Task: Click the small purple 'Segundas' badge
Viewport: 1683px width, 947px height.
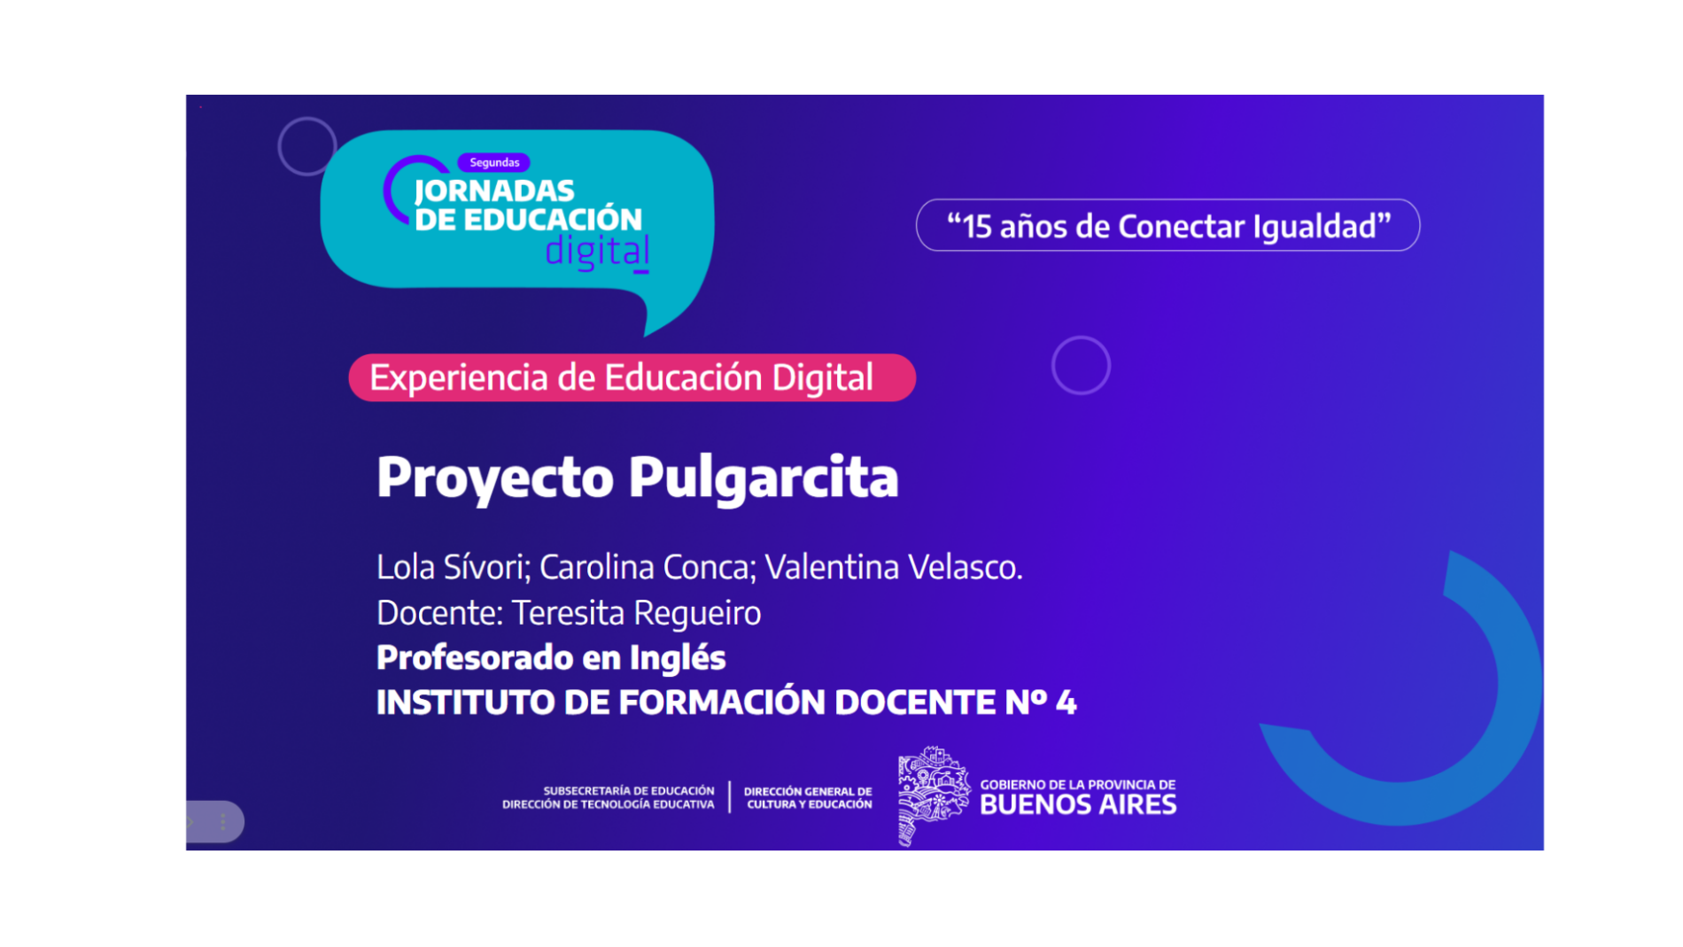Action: pyautogui.click(x=493, y=162)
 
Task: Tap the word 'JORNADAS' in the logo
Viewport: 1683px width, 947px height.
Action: pyautogui.click(x=494, y=191)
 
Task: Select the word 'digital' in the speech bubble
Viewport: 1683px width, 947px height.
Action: pyautogui.click(x=597, y=252)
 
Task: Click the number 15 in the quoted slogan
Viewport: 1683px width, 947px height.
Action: pyautogui.click(x=977, y=227)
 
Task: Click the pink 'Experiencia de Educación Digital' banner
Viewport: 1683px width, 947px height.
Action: pyautogui.click(x=632, y=377)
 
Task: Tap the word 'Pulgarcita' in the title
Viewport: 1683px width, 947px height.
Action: pyautogui.click(x=764, y=478)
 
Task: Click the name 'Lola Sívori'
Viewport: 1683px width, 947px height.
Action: pyautogui.click(x=451, y=567)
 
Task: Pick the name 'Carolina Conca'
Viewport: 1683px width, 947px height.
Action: pyautogui.click(x=646, y=567)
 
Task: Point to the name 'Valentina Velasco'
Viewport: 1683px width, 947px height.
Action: pyautogui.click(x=890, y=567)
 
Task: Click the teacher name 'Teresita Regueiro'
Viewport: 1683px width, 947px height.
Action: pyautogui.click(x=636, y=613)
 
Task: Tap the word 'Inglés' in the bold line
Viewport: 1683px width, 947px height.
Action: pyautogui.click(x=678, y=658)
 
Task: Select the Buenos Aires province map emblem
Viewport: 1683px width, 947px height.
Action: pyautogui.click(x=934, y=796)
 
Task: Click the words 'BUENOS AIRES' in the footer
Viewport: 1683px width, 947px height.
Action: pyautogui.click(x=1078, y=805)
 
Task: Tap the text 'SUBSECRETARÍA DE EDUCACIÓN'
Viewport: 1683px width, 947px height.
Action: pyautogui.click(x=629, y=790)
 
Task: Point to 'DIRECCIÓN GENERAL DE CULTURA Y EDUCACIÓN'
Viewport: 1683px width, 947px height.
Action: pyautogui.click(x=808, y=797)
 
